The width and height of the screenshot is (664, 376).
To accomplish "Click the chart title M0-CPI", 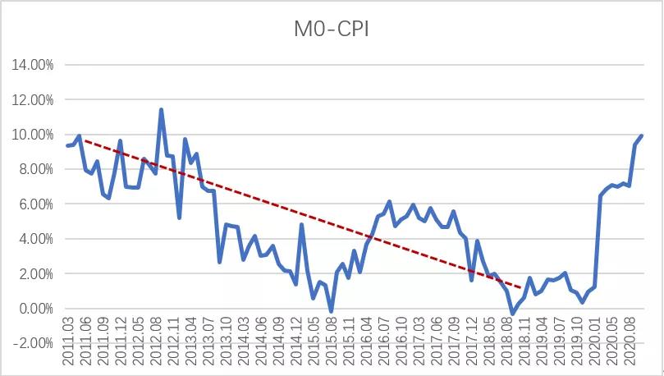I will pyautogui.click(x=332, y=30).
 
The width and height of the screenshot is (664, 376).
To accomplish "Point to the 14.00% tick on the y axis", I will pyautogui.click(x=30, y=65).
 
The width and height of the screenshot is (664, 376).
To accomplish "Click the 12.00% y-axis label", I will pyautogui.click(x=30, y=99).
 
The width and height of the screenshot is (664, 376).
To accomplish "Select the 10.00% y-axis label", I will pyautogui.click(x=30, y=135).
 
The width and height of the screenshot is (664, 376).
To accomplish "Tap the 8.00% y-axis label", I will pyautogui.click(x=33, y=169).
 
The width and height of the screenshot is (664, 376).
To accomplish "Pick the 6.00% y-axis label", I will pyautogui.click(x=33, y=204).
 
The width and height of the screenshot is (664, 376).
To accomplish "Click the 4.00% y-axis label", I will pyautogui.click(x=33, y=239).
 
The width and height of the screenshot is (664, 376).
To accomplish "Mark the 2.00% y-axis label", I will pyautogui.click(x=33, y=274).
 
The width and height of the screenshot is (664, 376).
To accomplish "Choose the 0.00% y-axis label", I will pyautogui.click(x=33, y=309).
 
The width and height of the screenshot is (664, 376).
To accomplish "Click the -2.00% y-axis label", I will pyautogui.click(x=31, y=344).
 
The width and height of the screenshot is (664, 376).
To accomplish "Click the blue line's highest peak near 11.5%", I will pyautogui.click(x=161, y=109).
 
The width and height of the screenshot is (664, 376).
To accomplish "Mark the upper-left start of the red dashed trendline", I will pyautogui.click(x=83, y=141).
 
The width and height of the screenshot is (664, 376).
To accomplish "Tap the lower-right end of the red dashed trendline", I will pyautogui.click(x=522, y=288).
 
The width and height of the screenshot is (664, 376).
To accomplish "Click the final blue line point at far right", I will pyautogui.click(x=642, y=135).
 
